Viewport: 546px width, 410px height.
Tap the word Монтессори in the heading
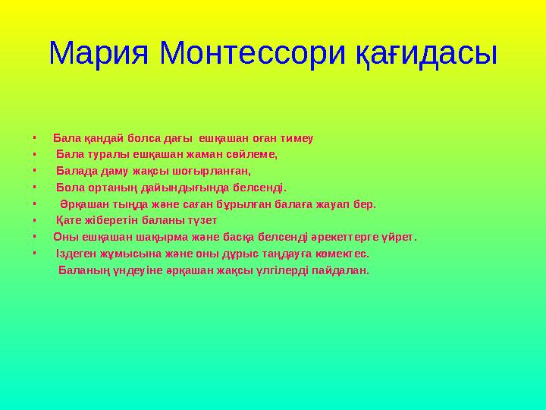click(x=252, y=52)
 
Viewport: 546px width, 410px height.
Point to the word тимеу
click(x=298, y=139)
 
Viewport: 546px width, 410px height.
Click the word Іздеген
click(x=77, y=254)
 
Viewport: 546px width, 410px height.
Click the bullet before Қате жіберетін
click(x=35, y=221)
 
